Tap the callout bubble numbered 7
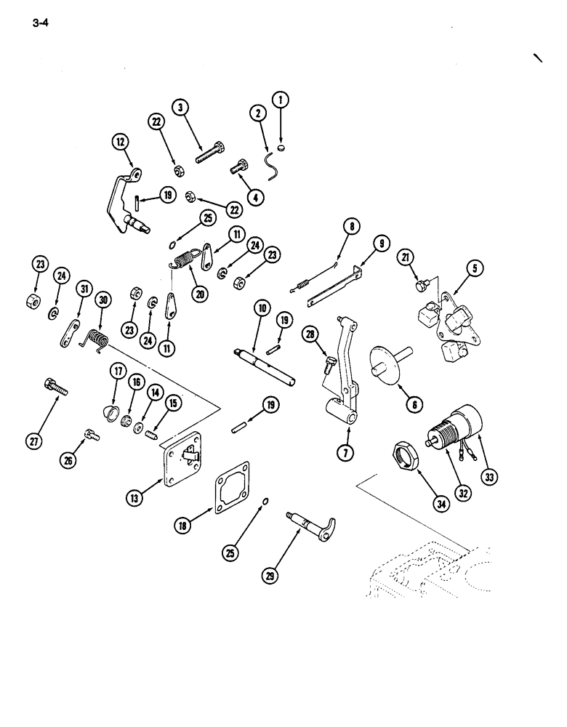coord(346,453)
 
